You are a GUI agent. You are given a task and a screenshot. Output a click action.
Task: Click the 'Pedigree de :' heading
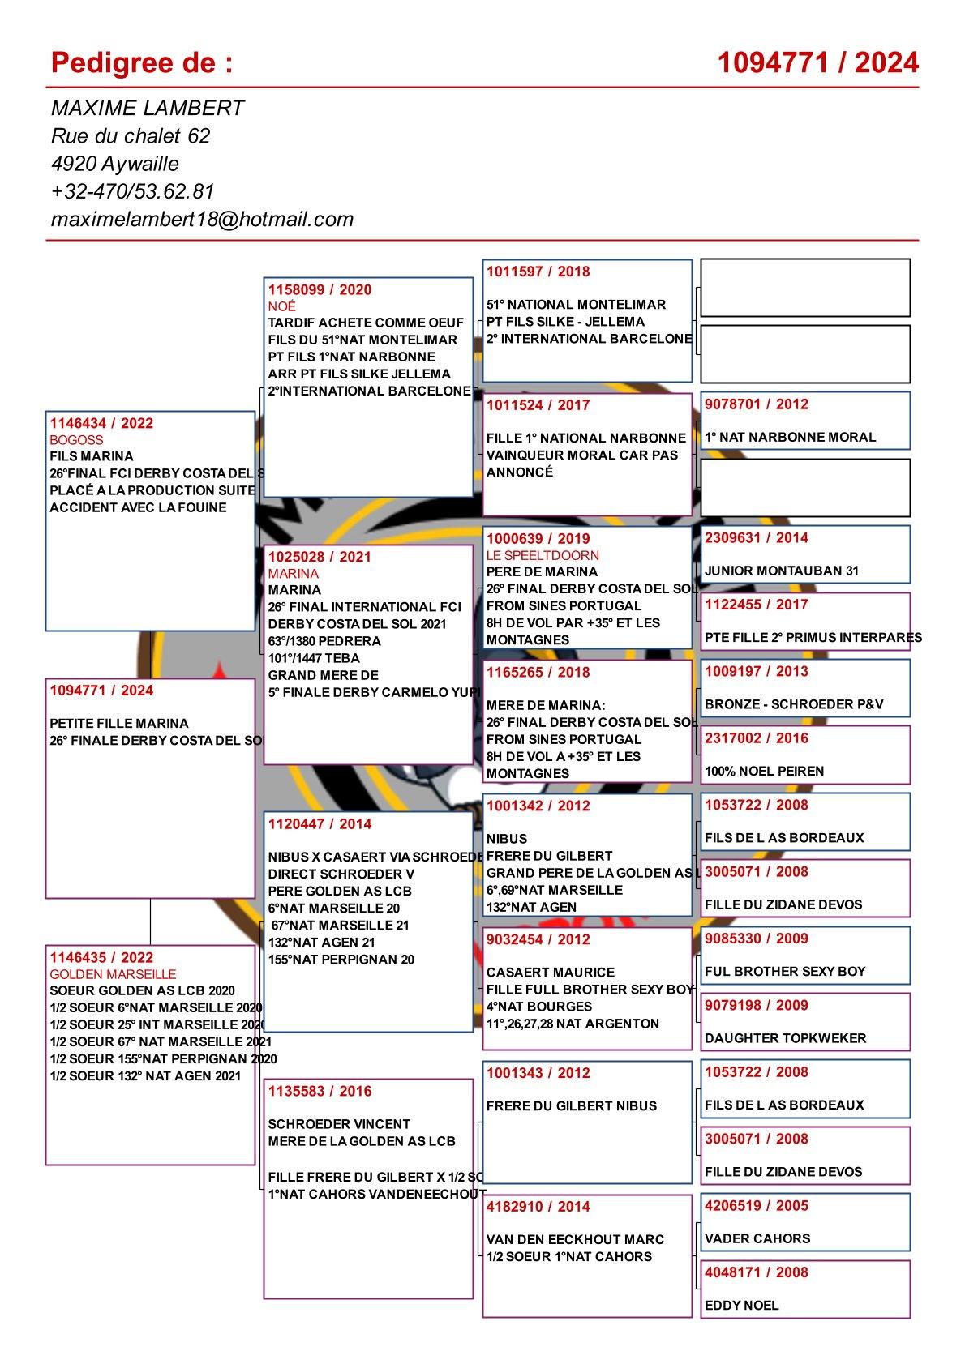[x=142, y=62]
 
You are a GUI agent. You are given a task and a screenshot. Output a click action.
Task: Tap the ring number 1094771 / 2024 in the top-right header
[x=817, y=62]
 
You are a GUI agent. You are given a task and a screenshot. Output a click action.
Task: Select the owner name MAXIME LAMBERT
[x=148, y=109]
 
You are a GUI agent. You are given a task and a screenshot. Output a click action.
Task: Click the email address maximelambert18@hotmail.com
[x=202, y=219]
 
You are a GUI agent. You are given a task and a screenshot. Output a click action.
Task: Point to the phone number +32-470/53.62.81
[x=132, y=191]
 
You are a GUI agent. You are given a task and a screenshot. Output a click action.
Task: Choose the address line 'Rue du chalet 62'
[x=131, y=136]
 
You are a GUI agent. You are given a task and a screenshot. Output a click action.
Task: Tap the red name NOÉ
[x=282, y=306]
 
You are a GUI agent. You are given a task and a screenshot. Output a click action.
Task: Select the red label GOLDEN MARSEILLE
[x=113, y=974]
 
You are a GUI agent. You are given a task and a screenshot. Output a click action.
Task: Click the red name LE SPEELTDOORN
[x=543, y=555]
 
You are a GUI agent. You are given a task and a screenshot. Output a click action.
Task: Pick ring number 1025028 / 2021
[x=320, y=557]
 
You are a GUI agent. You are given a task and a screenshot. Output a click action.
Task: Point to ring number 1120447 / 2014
[x=320, y=824]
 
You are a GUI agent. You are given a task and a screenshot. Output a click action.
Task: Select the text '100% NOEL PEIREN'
[x=764, y=772]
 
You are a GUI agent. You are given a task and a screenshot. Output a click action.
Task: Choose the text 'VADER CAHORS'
[x=757, y=1238]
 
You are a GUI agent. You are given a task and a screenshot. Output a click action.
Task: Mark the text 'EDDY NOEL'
[x=741, y=1306]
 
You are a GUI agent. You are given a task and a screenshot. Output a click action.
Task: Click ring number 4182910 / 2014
[x=538, y=1207]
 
